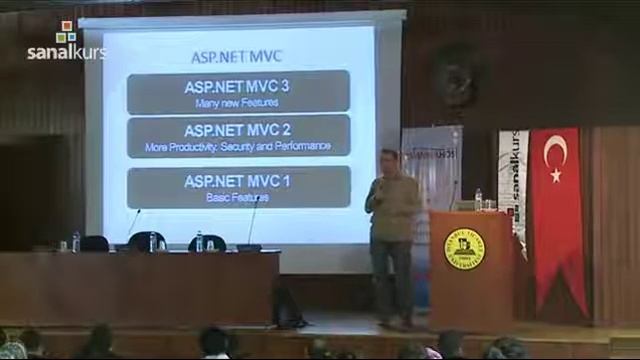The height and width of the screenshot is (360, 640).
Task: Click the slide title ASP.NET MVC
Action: (238, 57)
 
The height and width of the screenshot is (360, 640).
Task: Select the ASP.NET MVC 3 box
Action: (238, 92)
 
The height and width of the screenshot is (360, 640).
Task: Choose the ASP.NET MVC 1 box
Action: (238, 187)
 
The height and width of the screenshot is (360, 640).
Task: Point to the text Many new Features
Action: (238, 102)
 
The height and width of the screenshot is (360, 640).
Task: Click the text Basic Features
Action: (238, 197)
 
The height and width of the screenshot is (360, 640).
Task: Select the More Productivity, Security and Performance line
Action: (238, 146)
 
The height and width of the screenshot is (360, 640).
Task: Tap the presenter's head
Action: (390, 160)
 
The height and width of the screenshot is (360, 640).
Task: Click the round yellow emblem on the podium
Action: (464, 248)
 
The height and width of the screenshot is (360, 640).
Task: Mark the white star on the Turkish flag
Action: (556, 175)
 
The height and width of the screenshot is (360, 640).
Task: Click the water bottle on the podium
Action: (478, 199)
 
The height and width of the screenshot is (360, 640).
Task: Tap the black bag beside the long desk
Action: (287, 307)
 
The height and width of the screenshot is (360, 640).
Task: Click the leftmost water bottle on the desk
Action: (76, 241)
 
